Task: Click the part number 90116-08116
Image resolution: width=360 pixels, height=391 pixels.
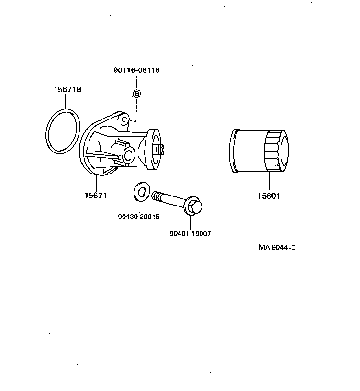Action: point(136,70)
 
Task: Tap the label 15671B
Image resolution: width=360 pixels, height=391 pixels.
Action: point(67,89)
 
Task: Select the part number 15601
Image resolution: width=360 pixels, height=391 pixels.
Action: point(269,195)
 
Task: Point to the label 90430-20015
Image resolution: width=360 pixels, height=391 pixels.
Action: point(138,217)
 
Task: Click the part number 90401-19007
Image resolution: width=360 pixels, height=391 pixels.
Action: point(190,234)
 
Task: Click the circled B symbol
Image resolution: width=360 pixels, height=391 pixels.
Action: point(136,93)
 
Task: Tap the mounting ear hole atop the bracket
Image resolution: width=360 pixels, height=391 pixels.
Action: point(124,118)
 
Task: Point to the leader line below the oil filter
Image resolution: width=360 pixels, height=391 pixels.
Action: point(269,182)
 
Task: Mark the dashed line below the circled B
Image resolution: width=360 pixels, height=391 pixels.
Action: point(136,109)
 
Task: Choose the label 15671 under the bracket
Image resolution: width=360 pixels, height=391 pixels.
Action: point(95,195)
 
